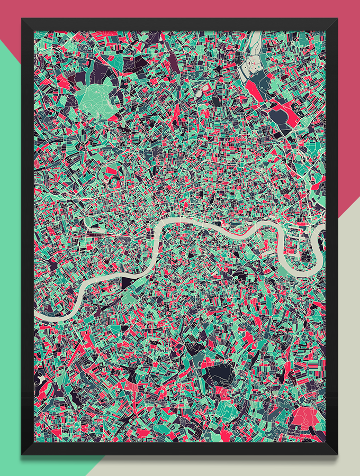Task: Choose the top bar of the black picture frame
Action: coord(180,24)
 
